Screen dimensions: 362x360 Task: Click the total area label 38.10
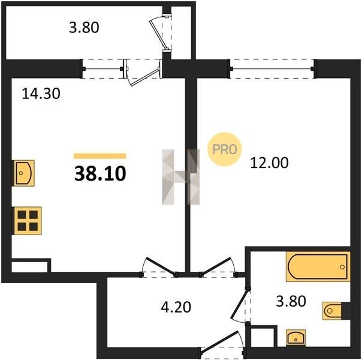coord(100,173)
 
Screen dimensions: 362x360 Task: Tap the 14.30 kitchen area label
coord(41,94)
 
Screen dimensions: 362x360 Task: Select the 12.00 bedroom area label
coord(270,163)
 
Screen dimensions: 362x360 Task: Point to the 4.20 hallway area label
coord(176,307)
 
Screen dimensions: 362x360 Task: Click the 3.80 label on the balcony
coord(84,27)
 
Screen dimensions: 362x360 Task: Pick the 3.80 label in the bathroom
coord(291,301)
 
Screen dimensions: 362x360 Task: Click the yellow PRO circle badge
coord(224,149)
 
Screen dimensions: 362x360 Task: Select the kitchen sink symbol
coord(24,173)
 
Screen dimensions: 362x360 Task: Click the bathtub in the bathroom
coord(318,267)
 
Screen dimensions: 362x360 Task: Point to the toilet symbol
coord(332,311)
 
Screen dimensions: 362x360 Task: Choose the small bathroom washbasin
coord(295,338)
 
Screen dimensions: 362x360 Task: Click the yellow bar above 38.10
coord(100,156)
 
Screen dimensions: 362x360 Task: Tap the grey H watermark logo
coord(181,177)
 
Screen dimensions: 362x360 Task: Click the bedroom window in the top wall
coord(273,68)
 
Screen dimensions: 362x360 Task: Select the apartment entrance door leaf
coord(219,341)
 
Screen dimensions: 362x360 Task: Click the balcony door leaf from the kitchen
coord(145,76)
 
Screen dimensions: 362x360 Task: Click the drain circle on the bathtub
coord(342,267)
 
